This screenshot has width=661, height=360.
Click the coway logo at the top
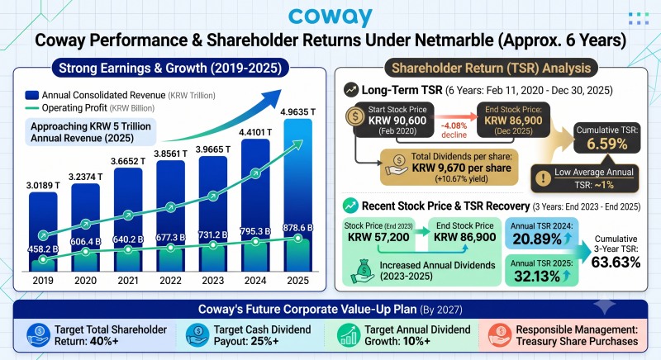click(x=330, y=17)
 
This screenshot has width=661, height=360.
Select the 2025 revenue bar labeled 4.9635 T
click(x=298, y=195)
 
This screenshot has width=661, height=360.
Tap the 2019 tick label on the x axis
click(x=43, y=281)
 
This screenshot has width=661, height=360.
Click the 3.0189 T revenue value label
click(x=43, y=185)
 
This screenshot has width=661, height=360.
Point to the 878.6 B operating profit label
click(x=298, y=228)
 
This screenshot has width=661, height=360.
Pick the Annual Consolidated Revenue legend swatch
click(x=32, y=95)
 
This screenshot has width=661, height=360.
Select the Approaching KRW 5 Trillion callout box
click(x=91, y=132)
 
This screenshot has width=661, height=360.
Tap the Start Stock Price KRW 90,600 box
click(x=393, y=120)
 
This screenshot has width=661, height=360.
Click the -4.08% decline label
click(x=454, y=130)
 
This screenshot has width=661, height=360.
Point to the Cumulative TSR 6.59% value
click(x=607, y=144)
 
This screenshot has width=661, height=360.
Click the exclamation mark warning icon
click(x=543, y=178)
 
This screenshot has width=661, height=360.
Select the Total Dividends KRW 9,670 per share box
click(x=449, y=168)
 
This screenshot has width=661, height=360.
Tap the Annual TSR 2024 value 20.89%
click(x=538, y=239)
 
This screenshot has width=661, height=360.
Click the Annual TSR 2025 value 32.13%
click(x=538, y=277)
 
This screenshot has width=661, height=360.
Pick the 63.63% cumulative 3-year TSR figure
click(x=616, y=263)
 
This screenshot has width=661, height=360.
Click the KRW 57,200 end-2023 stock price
click(x=378, y=237)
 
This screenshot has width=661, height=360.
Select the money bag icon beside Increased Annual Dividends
click(x=362, y=271)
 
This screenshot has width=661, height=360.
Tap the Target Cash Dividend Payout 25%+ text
click(x=262, y=335)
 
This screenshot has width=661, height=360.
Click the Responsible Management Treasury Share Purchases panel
click(x=564, y=335)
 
